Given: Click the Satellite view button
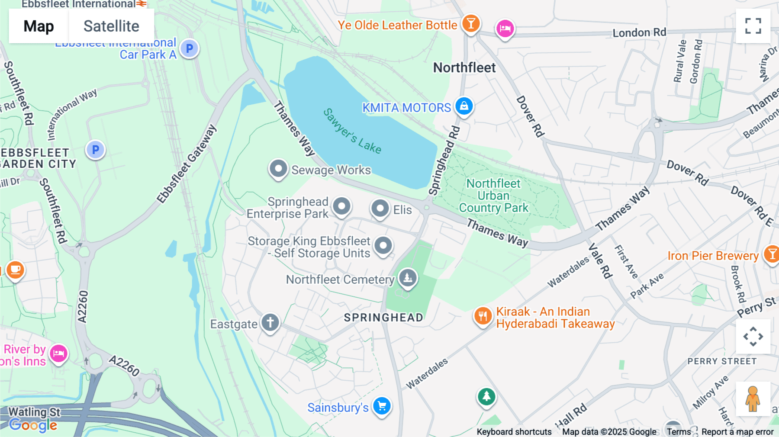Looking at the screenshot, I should coord(111,26).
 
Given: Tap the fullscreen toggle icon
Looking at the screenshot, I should coord(753,26).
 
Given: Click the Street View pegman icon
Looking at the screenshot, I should coord(753,398).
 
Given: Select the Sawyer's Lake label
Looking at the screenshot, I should coord(352,131).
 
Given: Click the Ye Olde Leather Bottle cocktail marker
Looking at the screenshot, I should coord(470,23).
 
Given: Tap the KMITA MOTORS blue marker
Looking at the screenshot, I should coord(464,106).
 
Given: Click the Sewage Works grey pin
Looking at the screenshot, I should coord(278,169).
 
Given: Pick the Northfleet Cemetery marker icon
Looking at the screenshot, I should coord(407,277).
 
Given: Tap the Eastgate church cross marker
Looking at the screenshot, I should coord(270,323).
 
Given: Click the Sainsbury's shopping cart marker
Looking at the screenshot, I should coord(382,406).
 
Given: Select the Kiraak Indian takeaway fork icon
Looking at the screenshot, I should coord(483,316).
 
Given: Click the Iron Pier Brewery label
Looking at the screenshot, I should coord(713,256).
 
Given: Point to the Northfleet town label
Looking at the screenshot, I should coord(464,67).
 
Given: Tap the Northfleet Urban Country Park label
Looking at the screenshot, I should coord(493,196).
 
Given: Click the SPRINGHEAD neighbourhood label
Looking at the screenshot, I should coord(383,318).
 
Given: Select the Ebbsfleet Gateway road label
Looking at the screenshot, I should coord(187,164).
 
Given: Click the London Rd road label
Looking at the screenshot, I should coord(639,32).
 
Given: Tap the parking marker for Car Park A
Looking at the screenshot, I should coord(189,48).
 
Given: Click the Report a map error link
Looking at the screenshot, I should coord(737,432).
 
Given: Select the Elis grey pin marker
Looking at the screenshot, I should coord(380,209).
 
